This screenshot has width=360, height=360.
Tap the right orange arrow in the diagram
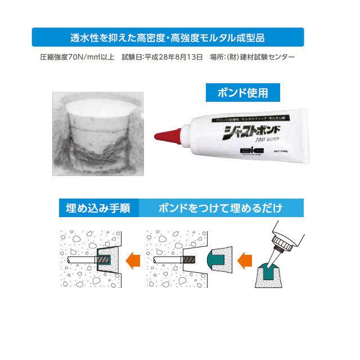coord(245,260)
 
